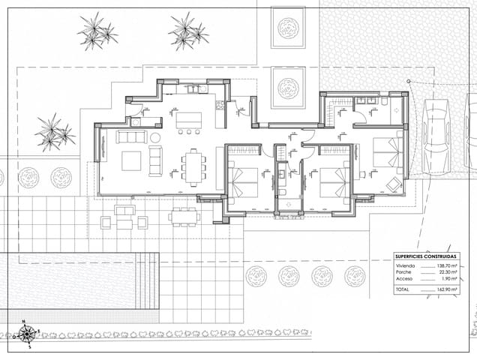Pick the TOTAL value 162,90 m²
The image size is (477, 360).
(x=448, y=289)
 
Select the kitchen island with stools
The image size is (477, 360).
(x=189, y=119)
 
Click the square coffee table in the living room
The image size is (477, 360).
(x=131, y=160)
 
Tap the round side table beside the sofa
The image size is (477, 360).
(x=154, y=138)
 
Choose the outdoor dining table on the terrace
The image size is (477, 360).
(x=184, y=217)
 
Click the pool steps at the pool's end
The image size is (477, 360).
(x=151, y=281)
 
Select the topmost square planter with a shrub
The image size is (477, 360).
(x=288, y=28)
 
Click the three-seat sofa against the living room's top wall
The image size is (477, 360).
(x=130, y=136)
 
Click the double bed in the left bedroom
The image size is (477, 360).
(x=244, y=182)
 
